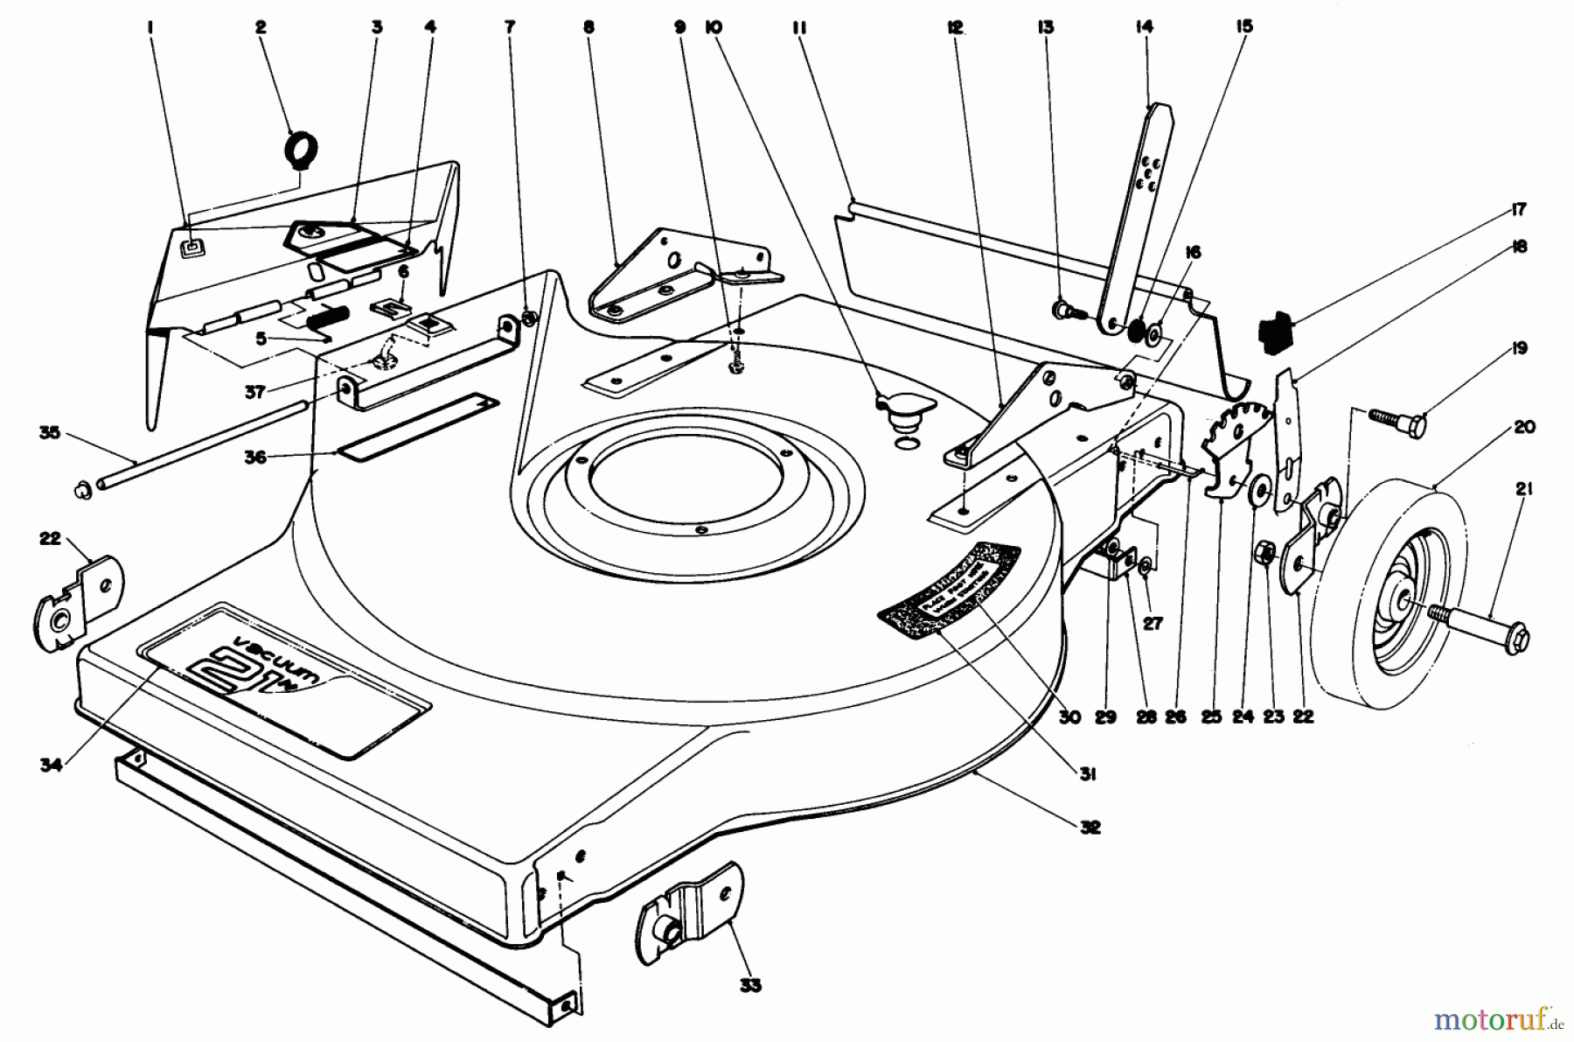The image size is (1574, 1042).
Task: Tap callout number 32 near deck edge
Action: (x=1090, y=827)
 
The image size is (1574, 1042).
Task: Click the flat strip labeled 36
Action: (x=418, y=424)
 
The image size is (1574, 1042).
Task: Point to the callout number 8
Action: (x=589, y=27)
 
